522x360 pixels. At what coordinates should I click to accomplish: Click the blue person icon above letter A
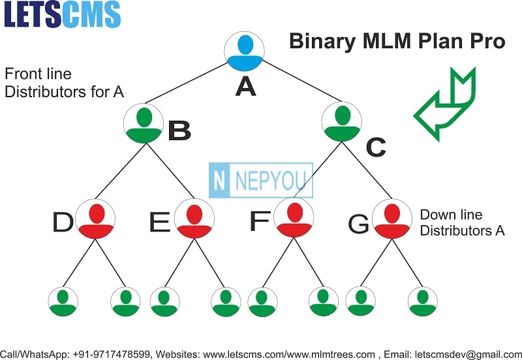(244, 52)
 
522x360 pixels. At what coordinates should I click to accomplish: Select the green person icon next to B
(144, 123)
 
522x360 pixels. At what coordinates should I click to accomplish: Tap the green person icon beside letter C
(342, 122)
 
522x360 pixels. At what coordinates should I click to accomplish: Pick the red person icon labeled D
(95, 219)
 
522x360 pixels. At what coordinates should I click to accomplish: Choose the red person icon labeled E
(194, 218)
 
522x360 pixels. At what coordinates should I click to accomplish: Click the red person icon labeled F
(294, 217)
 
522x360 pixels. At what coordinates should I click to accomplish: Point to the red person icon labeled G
(392, 218)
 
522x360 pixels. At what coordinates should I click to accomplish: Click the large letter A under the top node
(246, 86)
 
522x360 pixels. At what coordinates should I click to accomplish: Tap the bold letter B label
(179, 130)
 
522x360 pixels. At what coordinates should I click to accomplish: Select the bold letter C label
(376, 147)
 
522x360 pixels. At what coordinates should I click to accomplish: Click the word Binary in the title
(322, 42)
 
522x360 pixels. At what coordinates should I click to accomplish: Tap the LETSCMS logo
(62, 14)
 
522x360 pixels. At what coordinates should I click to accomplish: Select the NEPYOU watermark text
(271, 181)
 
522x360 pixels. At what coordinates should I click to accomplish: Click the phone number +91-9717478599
(111, 354)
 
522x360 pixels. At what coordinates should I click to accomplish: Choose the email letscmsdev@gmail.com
(468, 355)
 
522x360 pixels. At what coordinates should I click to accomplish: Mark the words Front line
(38, 74)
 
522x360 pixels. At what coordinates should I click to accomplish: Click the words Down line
(451, 215)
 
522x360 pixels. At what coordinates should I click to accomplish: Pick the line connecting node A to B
(186, 83)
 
